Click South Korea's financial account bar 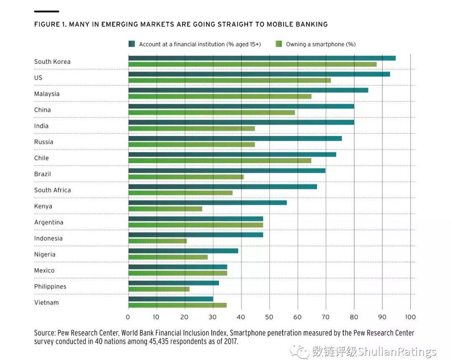[262, 58]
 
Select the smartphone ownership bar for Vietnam [177, 305]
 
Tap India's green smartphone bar [191, 128]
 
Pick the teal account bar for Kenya [208, 202]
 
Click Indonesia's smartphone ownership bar [157, 241]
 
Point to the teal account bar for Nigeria [183, 251]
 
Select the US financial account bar [259, 74]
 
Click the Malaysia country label [47, 94]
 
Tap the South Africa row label [53, 190]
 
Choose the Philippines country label [50, 287]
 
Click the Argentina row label [49, 222]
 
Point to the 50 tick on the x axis [269, 317]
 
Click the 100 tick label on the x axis [410, 317]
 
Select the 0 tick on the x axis [128, 317]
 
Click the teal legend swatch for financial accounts [132, 44]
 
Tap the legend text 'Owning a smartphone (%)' [321, 44]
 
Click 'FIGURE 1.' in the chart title [50, 24]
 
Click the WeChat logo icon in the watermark [301, 351]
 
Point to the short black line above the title [46, 11]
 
